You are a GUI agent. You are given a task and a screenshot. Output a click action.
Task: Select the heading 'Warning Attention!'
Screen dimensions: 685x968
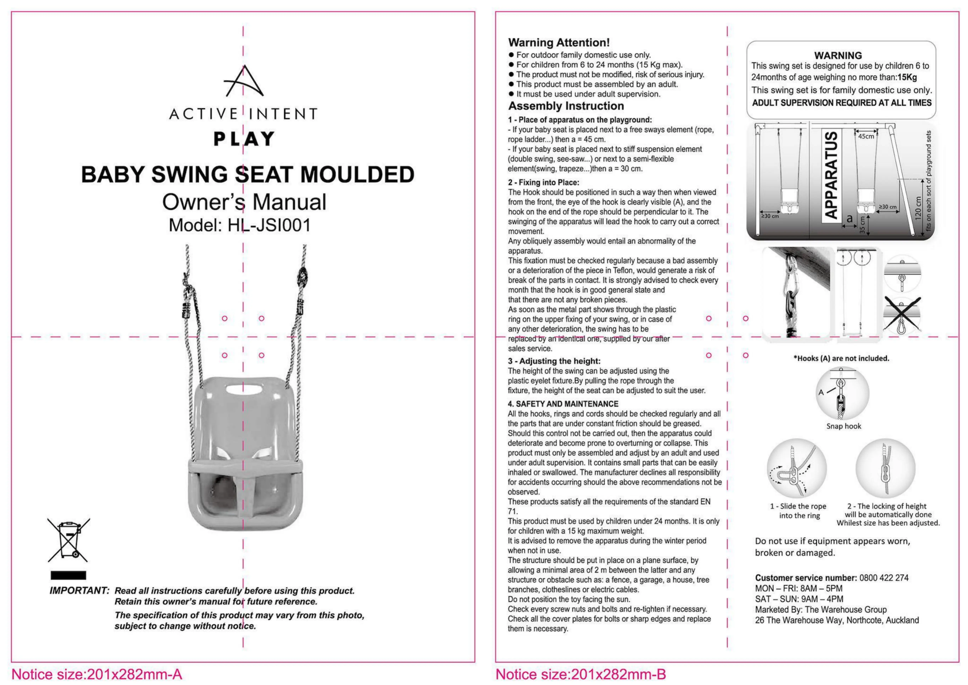coord(559,43)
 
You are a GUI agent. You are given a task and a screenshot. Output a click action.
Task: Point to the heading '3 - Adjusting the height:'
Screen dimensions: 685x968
coord(554,361)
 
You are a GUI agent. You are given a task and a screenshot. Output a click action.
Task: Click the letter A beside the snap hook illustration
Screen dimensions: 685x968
coord(821,392)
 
